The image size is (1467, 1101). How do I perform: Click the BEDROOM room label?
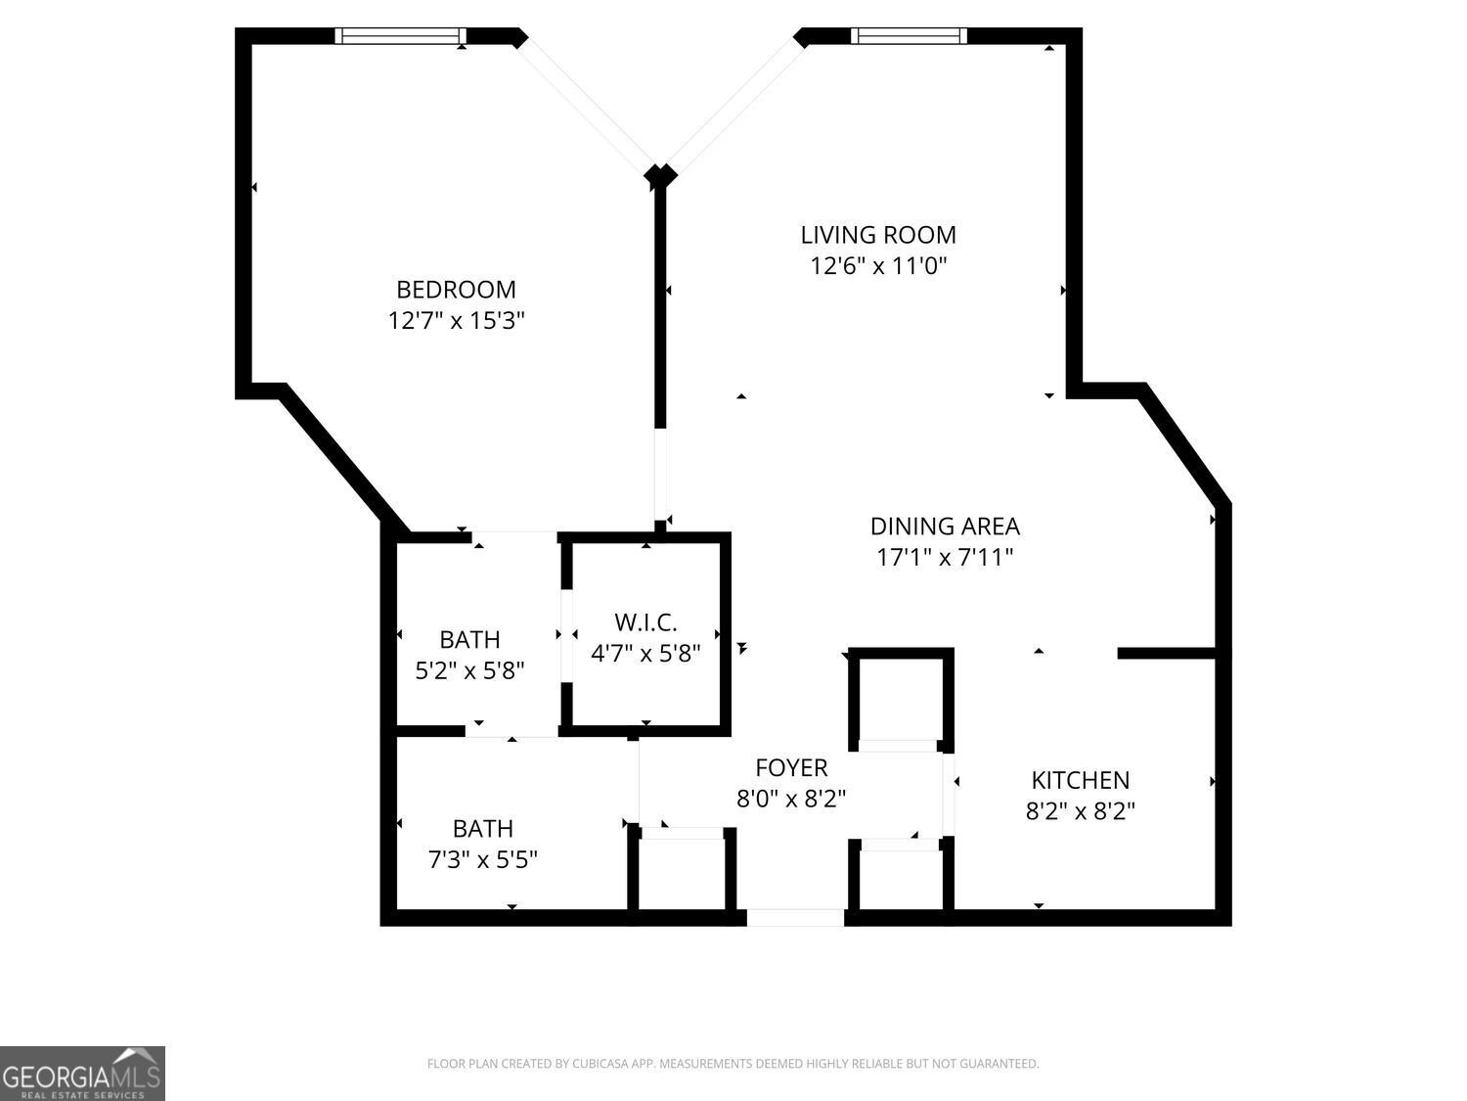[457, 290]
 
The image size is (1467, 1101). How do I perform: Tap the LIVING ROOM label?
[878, 235]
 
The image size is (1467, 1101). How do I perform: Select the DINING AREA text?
[945, 527]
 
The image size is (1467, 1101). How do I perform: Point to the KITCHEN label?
[1080, 780]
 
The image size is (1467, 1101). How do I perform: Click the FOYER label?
[791, 768]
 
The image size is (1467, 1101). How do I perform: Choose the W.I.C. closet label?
[645, 623]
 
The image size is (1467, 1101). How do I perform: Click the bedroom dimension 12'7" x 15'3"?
[457, 321]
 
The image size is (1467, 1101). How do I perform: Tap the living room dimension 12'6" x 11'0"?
[878, 266]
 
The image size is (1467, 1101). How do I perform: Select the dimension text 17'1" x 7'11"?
[945, 557]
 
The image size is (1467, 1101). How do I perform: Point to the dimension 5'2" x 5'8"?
[469, 670]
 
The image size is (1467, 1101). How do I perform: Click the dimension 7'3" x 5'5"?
[482, 859]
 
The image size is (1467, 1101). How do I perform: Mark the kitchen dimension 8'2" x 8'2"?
[1080, 811]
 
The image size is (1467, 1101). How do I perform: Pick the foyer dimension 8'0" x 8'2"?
[791, 799]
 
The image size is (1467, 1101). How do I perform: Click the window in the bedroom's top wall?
[400, 36]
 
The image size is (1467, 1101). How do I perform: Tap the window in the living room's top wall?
[909, 36]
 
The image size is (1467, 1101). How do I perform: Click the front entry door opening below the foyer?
[795, 918]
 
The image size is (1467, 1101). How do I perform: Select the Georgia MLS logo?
[82, 1074]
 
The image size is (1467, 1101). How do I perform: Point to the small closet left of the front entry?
[682, 872]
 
